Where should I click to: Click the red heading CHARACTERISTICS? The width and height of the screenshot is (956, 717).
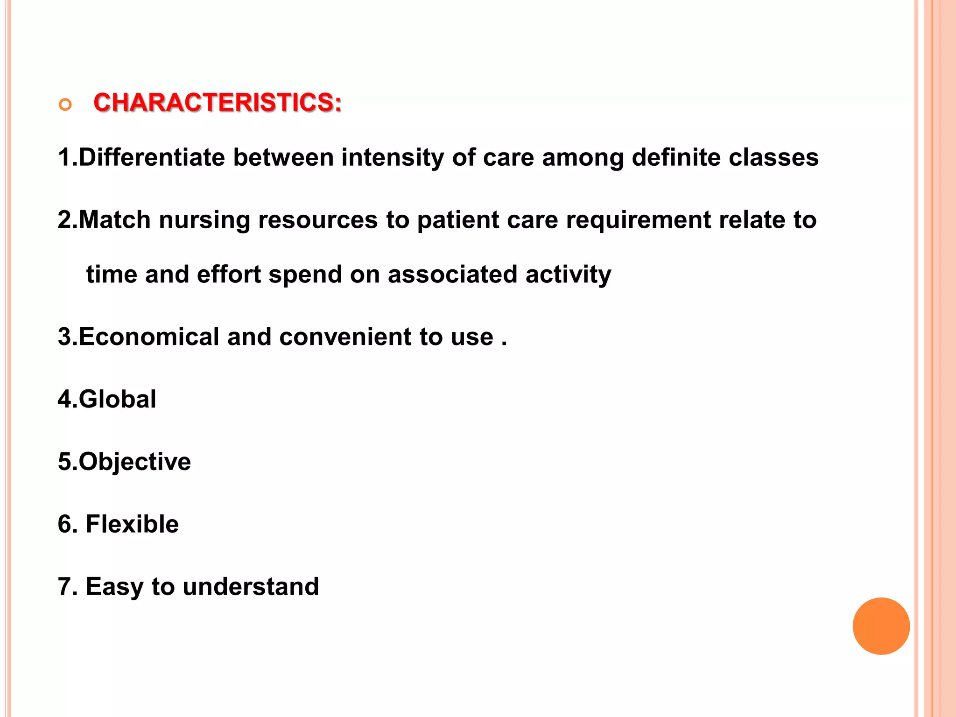pyautogui.click(x=218, y=103)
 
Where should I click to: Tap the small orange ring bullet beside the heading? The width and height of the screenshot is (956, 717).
pyautogui.click(x=65, y=105)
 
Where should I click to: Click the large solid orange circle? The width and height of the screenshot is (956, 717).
pyautogui.click(x=881, y=626)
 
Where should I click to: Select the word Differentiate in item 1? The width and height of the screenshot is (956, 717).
pyautogui.click(x=152, y=157)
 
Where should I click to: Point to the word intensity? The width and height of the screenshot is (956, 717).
pyautogui.click(x=392, y=157)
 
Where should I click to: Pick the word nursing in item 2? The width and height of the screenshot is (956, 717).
pyautogui.click(x=204, y=220)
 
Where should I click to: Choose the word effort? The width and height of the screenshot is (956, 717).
pyautogui.click(x=228, y=274)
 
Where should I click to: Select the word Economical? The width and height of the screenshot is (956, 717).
pyautogui.click(x=149, y=337)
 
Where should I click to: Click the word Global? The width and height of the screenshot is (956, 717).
pyautogui.click(x=117, y=400)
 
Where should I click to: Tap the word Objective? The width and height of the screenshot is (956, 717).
pyautogui.click(x=134, y=462)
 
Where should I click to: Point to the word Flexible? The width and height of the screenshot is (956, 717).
pyautogui.click(x=132, y=524)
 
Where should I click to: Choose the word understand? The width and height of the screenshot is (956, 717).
pyautogui.click(x=251, y=587)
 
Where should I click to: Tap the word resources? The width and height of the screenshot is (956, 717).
pyautogui.click(x=318, y=220)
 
